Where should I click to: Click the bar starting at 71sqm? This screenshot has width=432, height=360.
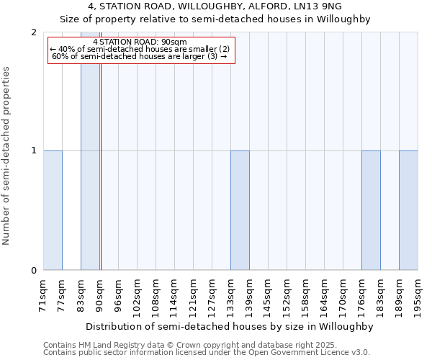(x=53, y=210)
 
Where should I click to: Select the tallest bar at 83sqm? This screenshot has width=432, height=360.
(x=90, y=151)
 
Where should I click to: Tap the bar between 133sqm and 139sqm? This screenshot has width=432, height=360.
(x=240, y=210)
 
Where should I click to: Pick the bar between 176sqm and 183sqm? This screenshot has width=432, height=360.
(x=371, y=210)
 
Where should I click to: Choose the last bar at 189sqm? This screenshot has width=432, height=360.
(x=408, y=210)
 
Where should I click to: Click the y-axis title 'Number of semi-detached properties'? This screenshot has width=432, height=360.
(x=7, y=156)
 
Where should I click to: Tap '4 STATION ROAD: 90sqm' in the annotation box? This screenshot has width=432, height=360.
(x=140, y=42)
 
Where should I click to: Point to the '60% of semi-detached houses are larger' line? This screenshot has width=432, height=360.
(x=140, y=56)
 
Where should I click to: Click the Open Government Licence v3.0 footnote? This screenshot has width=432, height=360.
(x=207, y=353)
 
